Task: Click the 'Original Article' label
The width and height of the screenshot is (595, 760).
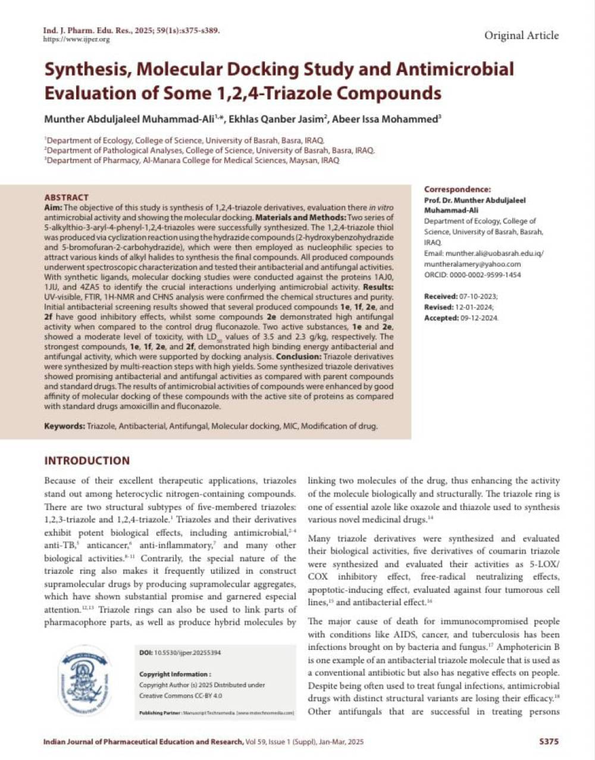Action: pos(521,36)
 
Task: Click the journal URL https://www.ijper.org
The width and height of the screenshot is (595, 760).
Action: pos(77,39)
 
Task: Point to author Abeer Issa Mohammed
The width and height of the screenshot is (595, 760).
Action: pos(385,119)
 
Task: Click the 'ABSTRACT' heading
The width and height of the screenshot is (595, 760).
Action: pos(66,197)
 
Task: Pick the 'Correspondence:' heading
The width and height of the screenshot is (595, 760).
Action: pos(458,189)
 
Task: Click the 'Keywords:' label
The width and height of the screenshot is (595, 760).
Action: pos(64,426)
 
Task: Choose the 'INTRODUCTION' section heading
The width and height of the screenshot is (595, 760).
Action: pos(87,461)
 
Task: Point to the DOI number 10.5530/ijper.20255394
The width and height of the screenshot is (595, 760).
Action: pos(187,653)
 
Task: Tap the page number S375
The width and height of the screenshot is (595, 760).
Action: pos(548,742)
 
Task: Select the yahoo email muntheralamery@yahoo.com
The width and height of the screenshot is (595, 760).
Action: pos(472,264)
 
